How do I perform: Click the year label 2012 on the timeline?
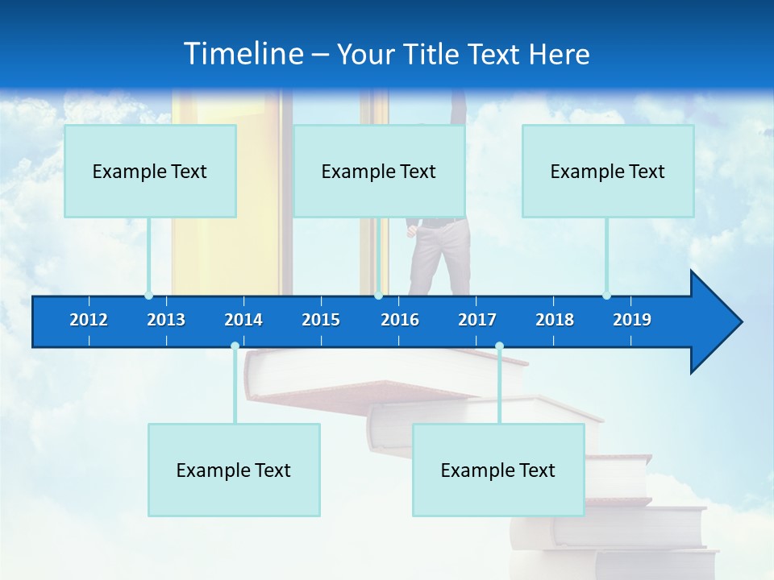pos(89,320)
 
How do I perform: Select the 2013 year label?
pos(166,320)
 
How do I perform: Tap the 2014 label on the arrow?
pos(243,320)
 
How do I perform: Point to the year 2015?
pos(321,320)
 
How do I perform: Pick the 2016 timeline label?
pos(400,320)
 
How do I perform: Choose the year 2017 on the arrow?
pos(477,320)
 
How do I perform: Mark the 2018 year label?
pos(555,320)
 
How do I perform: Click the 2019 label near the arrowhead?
pos(632,320)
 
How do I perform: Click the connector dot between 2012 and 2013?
pos(148,296)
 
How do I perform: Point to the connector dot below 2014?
pos(235,346)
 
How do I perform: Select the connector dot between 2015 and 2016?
pos(378,296)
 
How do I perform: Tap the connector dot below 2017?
pos(499,346)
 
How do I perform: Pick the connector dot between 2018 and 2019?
pos(606,296)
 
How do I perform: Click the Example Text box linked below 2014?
pos(234,470)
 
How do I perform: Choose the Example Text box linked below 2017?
pos(498,470)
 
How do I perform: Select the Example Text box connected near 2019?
pos(608,171)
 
